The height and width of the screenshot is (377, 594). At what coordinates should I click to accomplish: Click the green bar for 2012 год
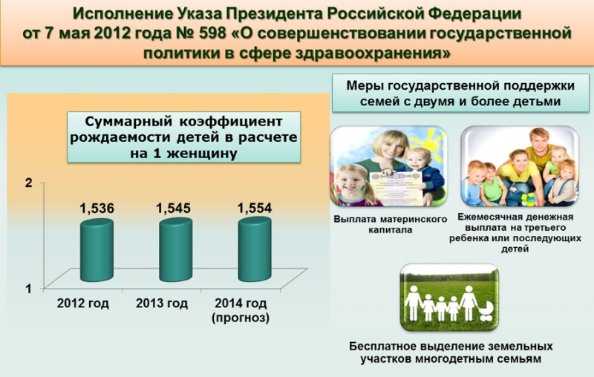[97, 251]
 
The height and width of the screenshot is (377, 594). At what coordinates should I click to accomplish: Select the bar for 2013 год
[175, 250]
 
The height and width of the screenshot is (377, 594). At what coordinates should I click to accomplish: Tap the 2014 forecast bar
[255, 249]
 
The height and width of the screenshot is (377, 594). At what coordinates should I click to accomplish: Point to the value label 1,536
[97, 209]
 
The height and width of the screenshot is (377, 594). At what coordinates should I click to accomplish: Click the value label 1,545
[174, 208]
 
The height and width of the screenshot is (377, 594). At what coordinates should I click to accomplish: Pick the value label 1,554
[255, 208]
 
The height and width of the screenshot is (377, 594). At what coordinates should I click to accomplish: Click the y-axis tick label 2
[28, 183]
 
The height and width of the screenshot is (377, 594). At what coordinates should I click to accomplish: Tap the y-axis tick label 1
[28, 289]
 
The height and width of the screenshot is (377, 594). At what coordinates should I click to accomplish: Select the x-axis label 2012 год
[83, 304]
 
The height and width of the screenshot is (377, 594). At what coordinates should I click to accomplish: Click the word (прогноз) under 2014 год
[241, 318]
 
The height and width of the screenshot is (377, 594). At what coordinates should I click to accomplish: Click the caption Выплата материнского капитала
[391, 224]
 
